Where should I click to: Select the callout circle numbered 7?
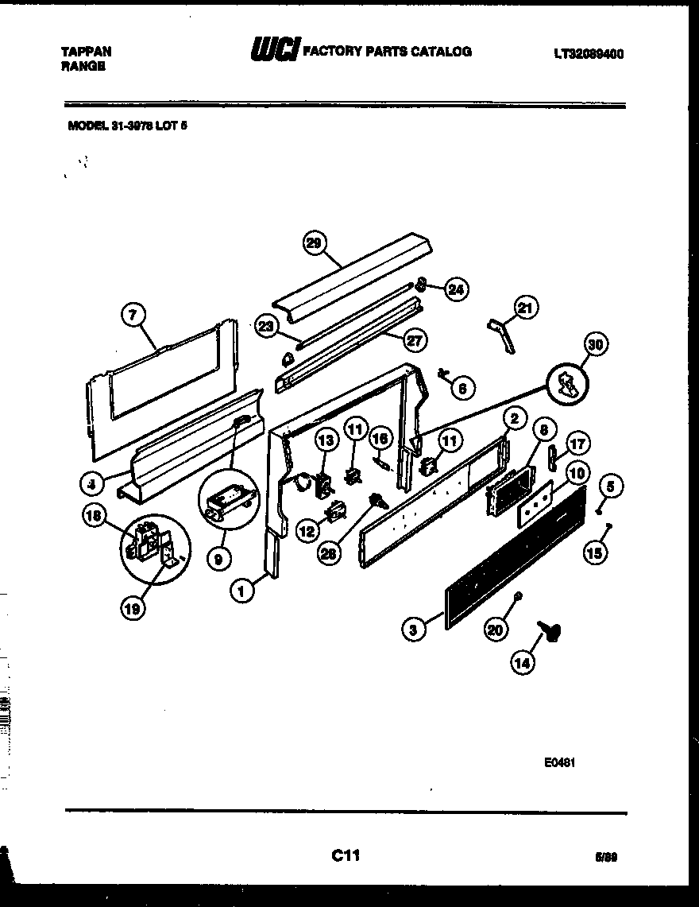[x=133, y=316]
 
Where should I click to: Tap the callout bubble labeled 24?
[x=455, y=289]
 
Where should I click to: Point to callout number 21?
[x=526, y=308]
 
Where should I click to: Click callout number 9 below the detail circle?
[x=219, y=559]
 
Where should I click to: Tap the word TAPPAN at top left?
[x=87, y=52]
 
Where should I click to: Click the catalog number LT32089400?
[x=588, y=54]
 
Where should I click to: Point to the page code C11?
[x=346, y=856]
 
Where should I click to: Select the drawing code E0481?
[x=559, y=762]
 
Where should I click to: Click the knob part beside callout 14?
[x=547, y=630]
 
